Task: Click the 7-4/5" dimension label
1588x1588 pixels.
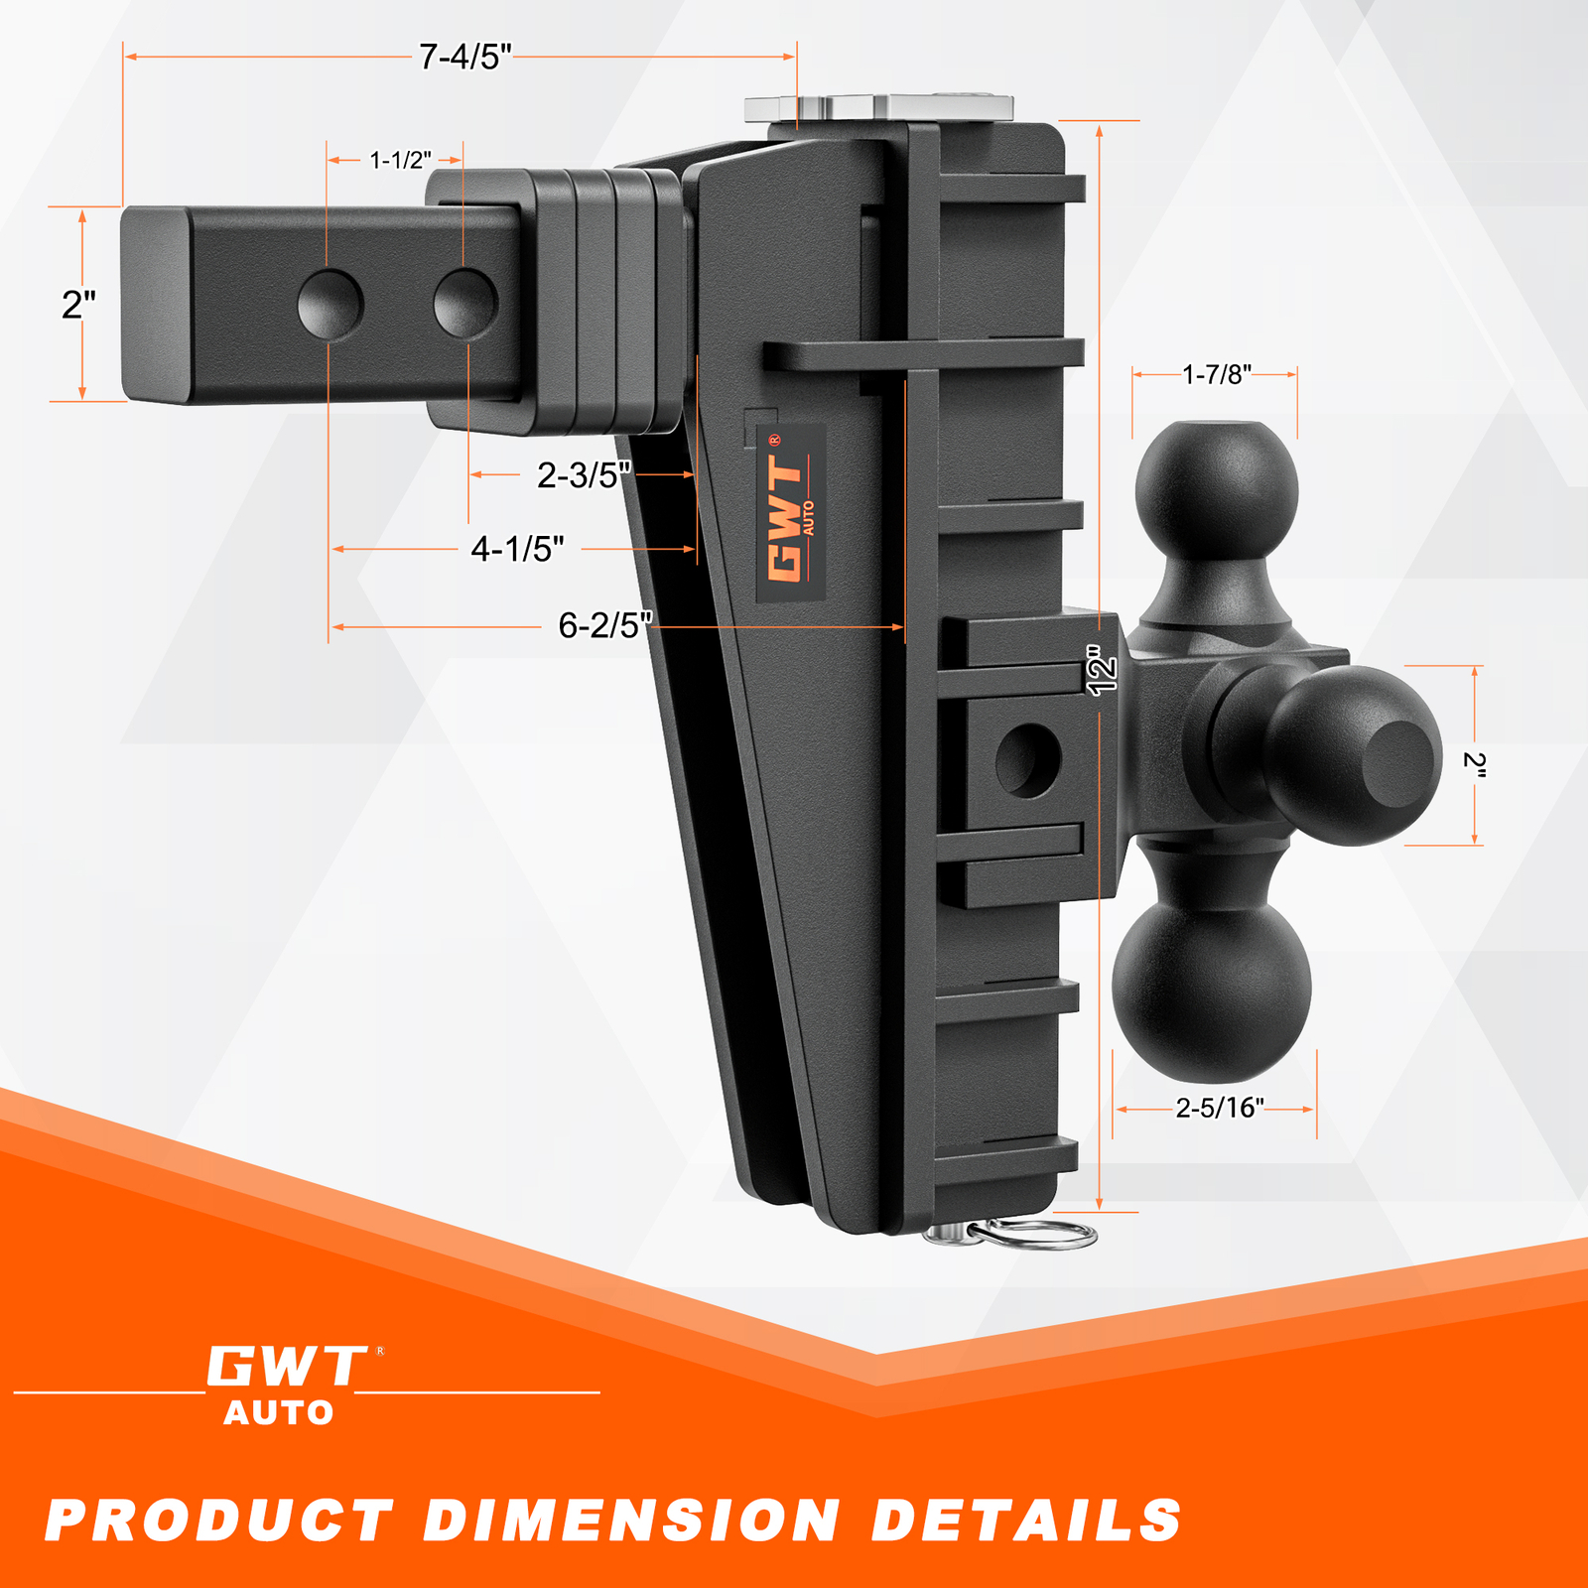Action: click(x=464, y=58)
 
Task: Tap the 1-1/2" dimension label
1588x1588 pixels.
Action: click(x=400, y=160)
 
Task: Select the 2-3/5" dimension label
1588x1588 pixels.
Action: click(x=584, y=475)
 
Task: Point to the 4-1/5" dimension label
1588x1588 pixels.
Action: click(x=517, y=549)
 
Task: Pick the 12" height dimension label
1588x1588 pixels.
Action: click(x=1102, y=670)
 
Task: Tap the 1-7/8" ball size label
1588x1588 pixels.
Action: click(x=1216, y=374)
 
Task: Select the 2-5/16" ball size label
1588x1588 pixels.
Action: click(x=1219, y=1108)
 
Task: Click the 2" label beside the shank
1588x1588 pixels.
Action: click(x=78, y=305)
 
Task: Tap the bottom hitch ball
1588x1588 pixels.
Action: click(x=1212, y=983)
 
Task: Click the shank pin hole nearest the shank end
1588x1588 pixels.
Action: click(x=331, y=304)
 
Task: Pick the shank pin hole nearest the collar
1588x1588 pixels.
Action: click(x=465, y=303)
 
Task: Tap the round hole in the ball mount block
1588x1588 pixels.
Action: click(x=1028, y=759)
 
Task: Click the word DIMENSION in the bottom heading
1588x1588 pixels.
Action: click(x=632, y=1521)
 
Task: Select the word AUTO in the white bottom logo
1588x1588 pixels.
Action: click(x=279, y=1412)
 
